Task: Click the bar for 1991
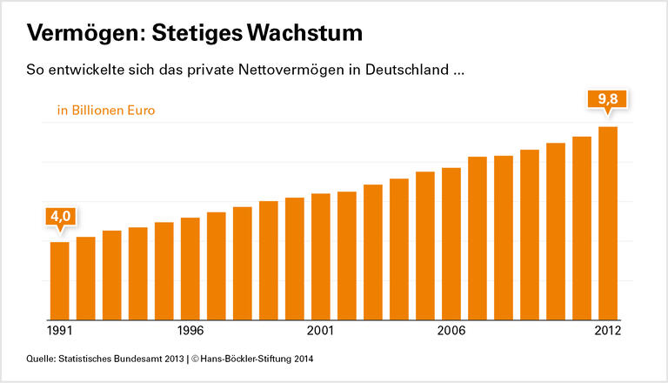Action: tap(59, 280)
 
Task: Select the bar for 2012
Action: tap(608, 224)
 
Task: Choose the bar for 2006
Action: tap(451, 243)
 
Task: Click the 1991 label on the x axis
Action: tap(59, 332)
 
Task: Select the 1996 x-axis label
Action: tap(190, 332)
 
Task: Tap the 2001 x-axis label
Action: tap(320, 332)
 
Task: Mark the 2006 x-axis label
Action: tap(451, 332)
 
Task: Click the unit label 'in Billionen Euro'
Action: tap(106, 111)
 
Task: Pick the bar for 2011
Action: tap(582, 228)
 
